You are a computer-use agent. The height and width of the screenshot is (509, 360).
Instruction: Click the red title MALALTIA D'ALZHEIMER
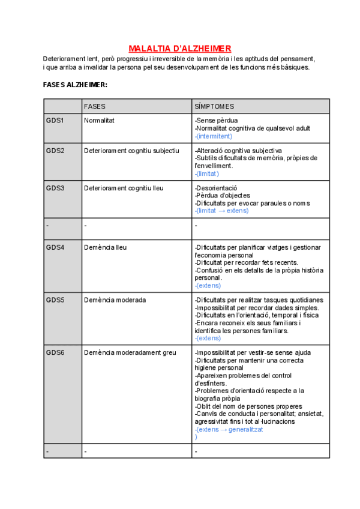(x=180, y=49)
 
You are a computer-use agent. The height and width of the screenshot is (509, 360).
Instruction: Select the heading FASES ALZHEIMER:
(x=75, y=85)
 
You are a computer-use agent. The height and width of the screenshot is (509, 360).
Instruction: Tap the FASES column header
(x=95, y=106)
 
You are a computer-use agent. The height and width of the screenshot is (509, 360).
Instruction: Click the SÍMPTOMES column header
(x=214, y=106)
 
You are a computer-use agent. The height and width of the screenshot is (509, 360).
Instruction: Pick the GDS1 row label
(x=55, y=121)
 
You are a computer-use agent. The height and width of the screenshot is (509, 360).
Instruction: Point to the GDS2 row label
(x=55, y=150)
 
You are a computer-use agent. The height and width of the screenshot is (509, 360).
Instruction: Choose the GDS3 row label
(x=55, y=188)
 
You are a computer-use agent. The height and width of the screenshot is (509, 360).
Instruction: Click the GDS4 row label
(x=55, y=247)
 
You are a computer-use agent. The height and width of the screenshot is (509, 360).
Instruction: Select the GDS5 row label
(x=55, y=300)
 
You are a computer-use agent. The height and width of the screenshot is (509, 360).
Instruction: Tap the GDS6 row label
(x=55, y=352)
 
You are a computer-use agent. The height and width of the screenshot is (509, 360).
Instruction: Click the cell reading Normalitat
(x=100, y=121)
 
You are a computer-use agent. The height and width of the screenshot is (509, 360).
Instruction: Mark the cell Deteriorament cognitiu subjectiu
(x=131, y=150)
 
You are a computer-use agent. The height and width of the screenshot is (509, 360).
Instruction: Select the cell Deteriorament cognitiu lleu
(x=124, y=188)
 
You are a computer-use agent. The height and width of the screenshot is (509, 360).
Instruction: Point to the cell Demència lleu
(x=106, y=247)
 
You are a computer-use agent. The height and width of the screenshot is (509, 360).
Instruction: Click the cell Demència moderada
(x=115, y=300)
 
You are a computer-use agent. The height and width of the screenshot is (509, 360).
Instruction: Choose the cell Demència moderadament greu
(x=130, y=352)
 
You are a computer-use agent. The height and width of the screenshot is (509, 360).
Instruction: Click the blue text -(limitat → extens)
(x=221, y=211)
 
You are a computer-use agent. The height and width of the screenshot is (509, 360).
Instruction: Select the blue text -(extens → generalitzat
(x=229, y=429)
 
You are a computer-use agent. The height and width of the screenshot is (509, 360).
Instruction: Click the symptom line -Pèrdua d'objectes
(x=223, y=195)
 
